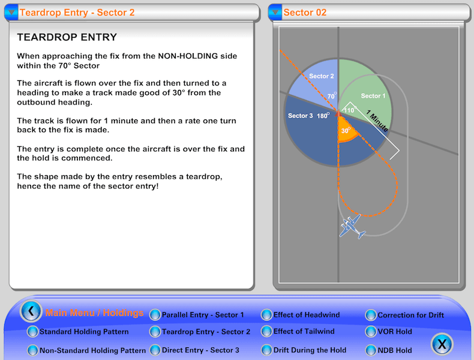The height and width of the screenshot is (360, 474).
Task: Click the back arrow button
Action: [x=31, y=311]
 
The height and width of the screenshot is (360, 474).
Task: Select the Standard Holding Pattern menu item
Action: [x=84, y=332]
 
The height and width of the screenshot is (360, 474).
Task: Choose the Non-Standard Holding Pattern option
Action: [x=92, y=350]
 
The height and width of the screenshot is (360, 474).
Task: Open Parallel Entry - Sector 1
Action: [x=203, y=315]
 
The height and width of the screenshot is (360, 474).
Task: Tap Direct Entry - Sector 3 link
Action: [x=200, y=350]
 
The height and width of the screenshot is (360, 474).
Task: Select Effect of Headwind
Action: [x=306, y=315]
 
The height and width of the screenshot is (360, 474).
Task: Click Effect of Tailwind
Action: [x=304, y=331]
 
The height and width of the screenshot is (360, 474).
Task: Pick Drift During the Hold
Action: [x=310, y=350]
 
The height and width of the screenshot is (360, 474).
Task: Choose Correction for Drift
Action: [x=410, y=315]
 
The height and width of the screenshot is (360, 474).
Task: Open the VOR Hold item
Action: [x=395, y=331]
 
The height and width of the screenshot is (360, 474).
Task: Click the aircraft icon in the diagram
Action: [x=352, y=226]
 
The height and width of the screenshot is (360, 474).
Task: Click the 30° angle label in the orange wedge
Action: [x=345, y=130]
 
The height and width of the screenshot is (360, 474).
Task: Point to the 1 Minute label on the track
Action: [x=377, y=120]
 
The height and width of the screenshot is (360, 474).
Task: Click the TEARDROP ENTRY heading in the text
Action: [x=67, y=37]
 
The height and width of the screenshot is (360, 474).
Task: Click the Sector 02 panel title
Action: [x=305, y=12]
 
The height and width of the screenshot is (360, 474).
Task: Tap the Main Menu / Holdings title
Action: [x=95, y=313]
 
